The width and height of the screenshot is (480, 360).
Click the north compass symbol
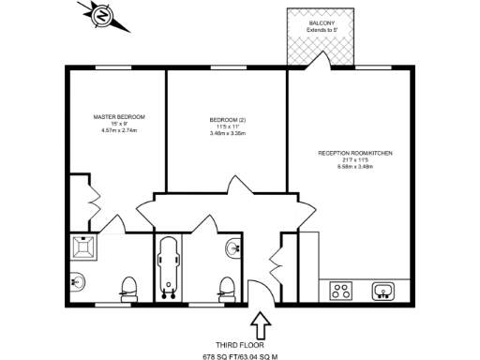click(100, 16)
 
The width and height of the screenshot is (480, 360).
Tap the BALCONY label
click(322, 22)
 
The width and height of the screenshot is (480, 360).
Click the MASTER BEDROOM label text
click(119, 116)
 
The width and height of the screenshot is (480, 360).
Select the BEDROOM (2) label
click(227, 120)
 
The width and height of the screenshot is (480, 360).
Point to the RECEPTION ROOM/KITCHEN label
click(354, 153)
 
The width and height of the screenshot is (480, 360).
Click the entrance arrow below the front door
click(261, 325)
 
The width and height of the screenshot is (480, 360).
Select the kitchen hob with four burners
click(341, 291)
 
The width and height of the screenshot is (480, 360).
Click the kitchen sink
click(384, 291)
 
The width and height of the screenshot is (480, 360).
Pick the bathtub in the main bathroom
click(170, 266)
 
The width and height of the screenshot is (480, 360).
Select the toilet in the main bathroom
click(225, 286)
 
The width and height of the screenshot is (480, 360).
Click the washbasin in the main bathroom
click(233, 247)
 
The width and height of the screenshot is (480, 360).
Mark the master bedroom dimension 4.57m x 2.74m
click(119, 130)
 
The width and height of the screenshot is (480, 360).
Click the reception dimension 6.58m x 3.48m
click(354, 167)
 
